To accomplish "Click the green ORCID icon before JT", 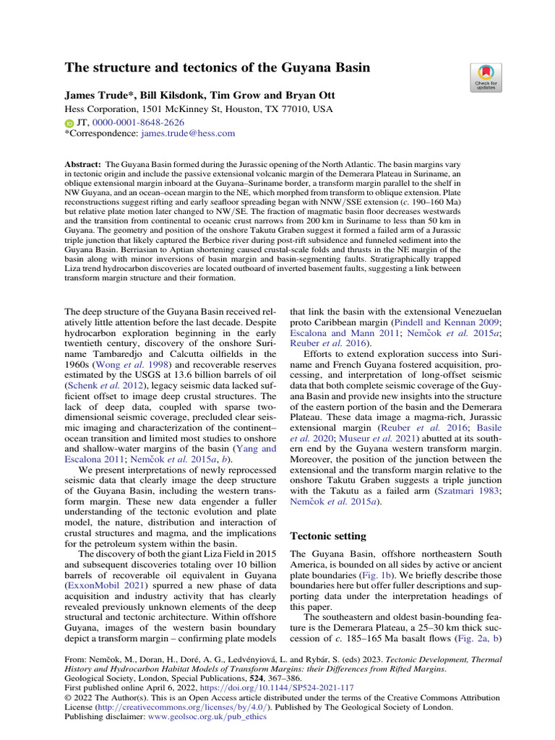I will point(69,123).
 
